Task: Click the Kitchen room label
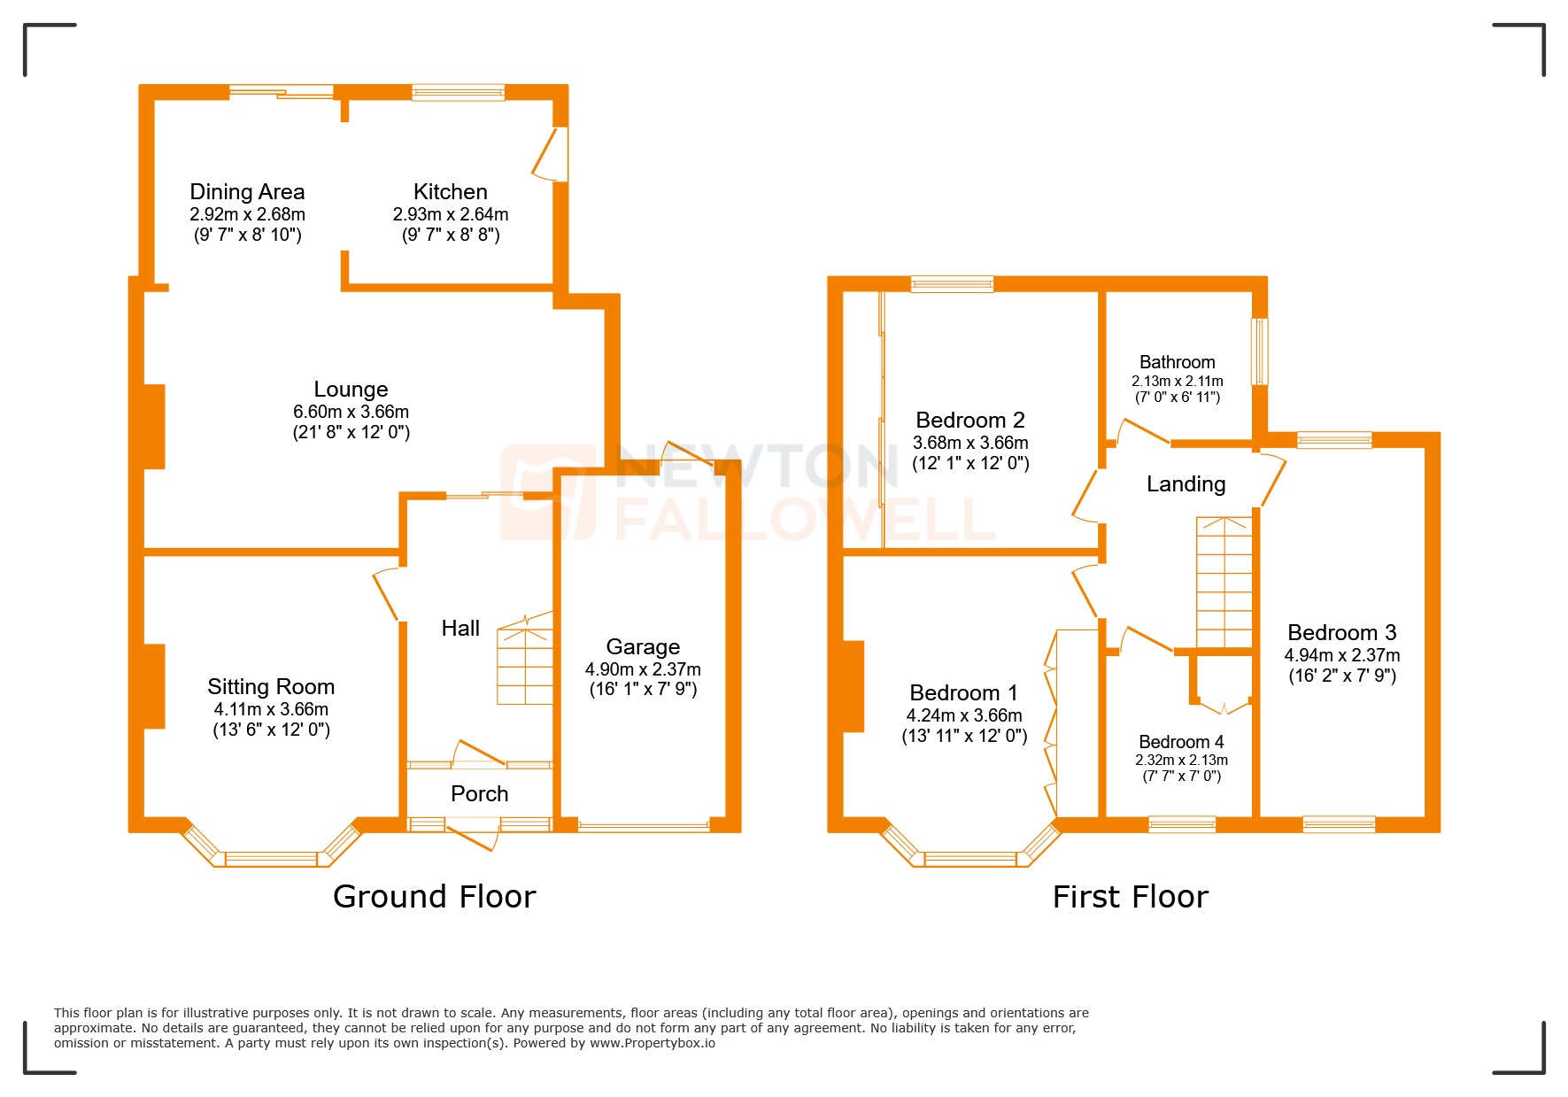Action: pyautogui.click(x=450, y=192)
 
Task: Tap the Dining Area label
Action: pyautogui.click(x=247, y=192)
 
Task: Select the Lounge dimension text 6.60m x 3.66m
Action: pyautogui.click(x=351, y=412)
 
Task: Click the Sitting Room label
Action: pyautogui.click(x=271, y=687)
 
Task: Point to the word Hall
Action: pyautogui.click(x=460, y=629)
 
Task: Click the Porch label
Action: pyautogui.click(x=479, y=794)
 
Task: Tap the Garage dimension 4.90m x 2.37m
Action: pyautogui.click(x=643, y=669)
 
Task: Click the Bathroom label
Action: pyautogui.click(x=1177, y=362)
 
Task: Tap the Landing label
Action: pyautogui.click(x=1186, y=484)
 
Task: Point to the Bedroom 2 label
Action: pyautogui.click(x=970, y=421)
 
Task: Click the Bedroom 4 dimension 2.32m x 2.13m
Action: pyautogui.click(x=1181, y=761)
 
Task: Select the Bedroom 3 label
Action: pyautogui.click(x=1341, y=633)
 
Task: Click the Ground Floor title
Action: pyautogui.click(x=434, y=897)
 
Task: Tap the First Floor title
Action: pyautogui.click(x=1130, y=897)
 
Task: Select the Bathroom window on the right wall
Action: pyautogui.click(x=1259, y=352)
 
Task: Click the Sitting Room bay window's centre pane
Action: pyautogui.click(x=271, y=858)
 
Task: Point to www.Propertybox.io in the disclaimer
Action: pyautogui.click(x=653, y=1043)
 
